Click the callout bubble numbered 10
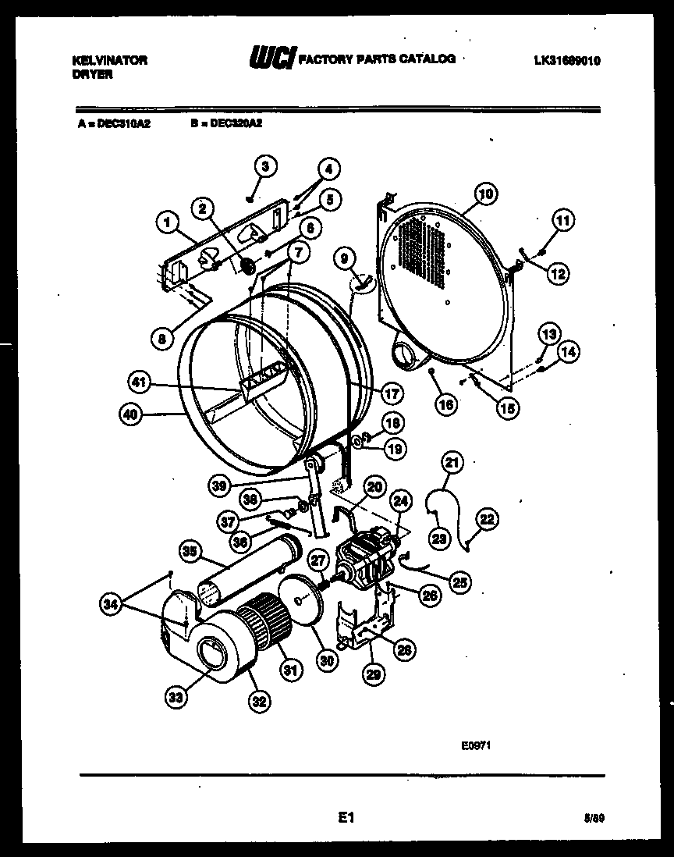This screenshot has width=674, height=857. pyautogui.click(x=485, y=194)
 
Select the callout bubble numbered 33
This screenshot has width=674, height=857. pyautogui.click(x=176, y=697)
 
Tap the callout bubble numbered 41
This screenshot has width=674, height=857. pyautogui.click(x=139, y=382)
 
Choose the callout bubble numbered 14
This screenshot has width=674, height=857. pyautogui.click(x=569, y=352)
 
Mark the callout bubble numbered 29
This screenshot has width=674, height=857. pyautogui.click(x=373, y=673)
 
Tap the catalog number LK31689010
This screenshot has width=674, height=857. pyautogui.click(x=567, y=60)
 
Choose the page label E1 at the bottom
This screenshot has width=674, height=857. pyautogui.click(x=346, y=817)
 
